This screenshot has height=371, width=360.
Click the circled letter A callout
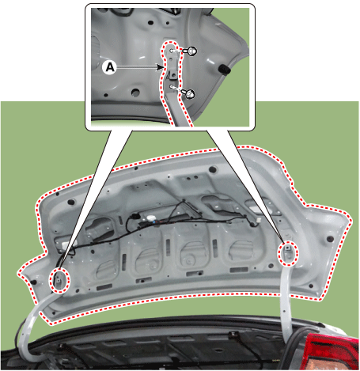110,67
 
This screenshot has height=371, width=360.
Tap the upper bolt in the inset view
191,51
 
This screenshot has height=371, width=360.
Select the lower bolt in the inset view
190,93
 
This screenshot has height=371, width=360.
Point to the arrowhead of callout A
159,67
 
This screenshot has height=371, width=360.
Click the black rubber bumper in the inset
225,70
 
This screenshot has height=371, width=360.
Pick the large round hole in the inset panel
135,92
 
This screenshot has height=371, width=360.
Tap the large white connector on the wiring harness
150,218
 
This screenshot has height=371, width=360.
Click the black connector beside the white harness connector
135,217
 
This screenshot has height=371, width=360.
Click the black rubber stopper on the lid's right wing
330,239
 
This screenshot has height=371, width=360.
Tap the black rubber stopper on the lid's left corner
33,282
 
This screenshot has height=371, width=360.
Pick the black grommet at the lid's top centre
213,169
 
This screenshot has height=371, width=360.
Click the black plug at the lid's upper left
71,203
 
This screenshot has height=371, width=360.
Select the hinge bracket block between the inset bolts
172,73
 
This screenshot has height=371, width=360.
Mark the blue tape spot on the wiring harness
153,223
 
